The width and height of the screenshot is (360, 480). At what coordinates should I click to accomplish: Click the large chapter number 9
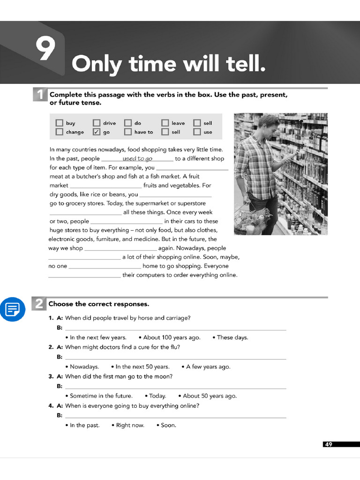pos(45,50)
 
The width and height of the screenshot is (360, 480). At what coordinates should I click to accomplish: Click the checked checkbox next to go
pos(97,132)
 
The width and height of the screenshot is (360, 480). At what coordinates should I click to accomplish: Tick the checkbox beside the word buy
pos(60,123)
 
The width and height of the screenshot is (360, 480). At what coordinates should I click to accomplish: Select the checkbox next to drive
pos(97,123)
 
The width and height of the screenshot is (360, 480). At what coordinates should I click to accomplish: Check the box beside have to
pos(128,132)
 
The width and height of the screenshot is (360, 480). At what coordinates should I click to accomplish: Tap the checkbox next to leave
pos(165,123)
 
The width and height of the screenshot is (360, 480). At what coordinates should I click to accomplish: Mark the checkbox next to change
pos(60,132)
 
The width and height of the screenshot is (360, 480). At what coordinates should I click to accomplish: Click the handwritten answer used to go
pos(137,159)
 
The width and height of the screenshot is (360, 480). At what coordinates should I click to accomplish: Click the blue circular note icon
pos(13,309)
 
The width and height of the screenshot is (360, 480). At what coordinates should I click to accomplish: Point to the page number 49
pos(328,444)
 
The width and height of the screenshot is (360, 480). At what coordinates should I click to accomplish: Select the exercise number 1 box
pos(39,95)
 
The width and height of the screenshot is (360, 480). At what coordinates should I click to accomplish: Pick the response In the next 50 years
pos(142,367)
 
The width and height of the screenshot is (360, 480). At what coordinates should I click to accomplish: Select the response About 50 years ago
pos(210,396)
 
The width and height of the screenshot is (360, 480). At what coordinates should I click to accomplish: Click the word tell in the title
pos(240,64)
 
